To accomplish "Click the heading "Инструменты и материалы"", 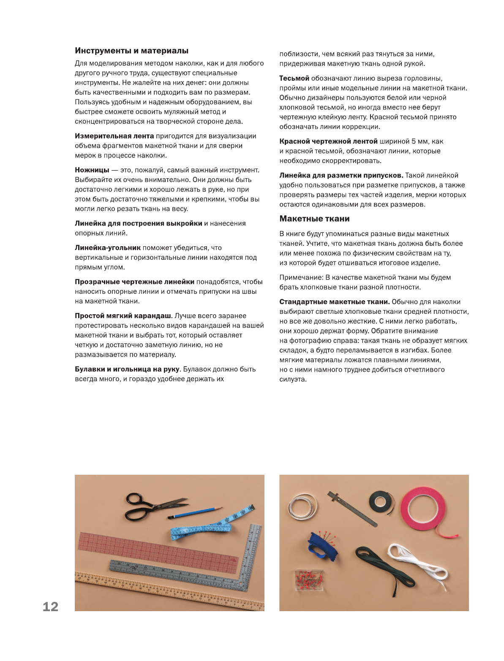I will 131,51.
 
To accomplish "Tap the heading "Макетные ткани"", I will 314,219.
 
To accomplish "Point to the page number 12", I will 50,607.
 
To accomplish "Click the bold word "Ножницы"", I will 92,170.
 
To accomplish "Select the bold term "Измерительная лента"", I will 114,136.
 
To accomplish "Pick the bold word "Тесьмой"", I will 294,78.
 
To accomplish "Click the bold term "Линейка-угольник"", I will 108,248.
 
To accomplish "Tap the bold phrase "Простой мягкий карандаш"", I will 123,316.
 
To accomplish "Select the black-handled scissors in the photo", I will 148,506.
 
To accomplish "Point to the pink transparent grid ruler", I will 156,551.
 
